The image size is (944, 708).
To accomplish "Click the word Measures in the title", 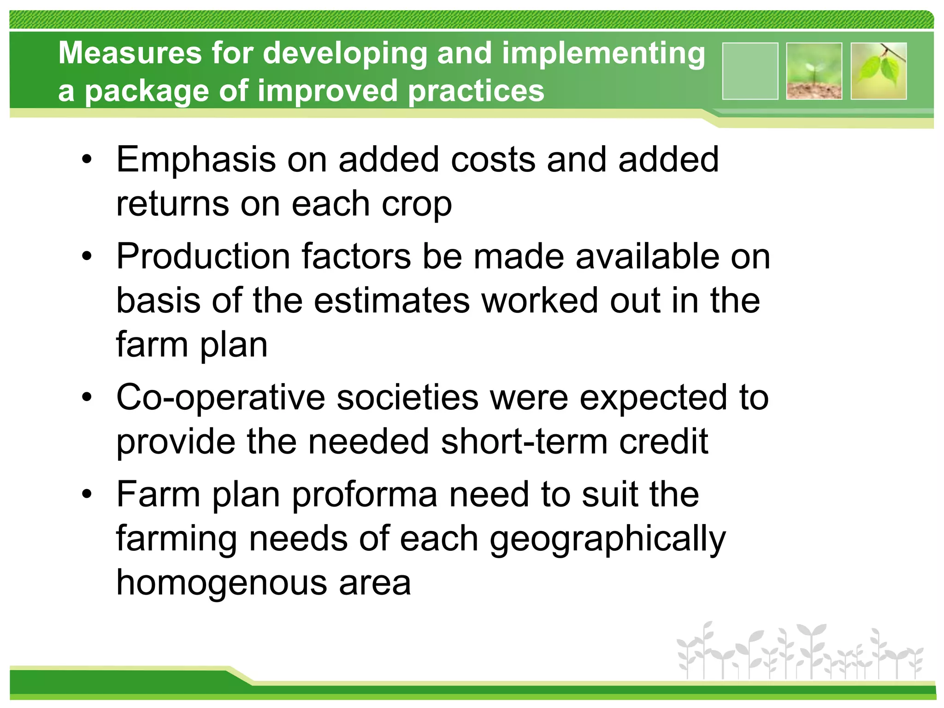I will tap(130, 53).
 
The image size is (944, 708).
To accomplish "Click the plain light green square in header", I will tap(750, 71).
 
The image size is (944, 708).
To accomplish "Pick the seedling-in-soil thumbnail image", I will tap(814, 71).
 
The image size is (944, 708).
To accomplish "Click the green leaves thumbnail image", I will tap(879, 71).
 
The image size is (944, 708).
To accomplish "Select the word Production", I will tap(203, 256).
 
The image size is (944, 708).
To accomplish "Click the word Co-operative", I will tap(221, 397).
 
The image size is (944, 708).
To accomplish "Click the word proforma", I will tap(365, 495).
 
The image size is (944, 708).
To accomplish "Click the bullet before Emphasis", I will tap(87, 160).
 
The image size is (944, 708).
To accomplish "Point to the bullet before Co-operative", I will tap(87, 397).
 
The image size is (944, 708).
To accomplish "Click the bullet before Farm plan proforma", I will tap(87, 495).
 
